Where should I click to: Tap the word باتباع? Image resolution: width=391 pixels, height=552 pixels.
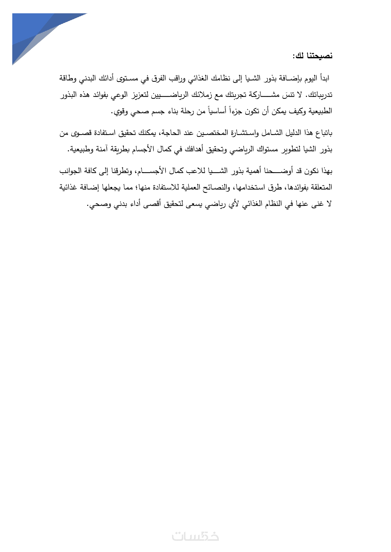323,133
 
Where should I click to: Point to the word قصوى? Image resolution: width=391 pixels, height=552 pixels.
82,133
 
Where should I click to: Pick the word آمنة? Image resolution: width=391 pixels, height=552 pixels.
114,149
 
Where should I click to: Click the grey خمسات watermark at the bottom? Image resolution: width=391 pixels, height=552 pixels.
195,536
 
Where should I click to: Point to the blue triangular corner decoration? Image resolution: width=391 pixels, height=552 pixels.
35,31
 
